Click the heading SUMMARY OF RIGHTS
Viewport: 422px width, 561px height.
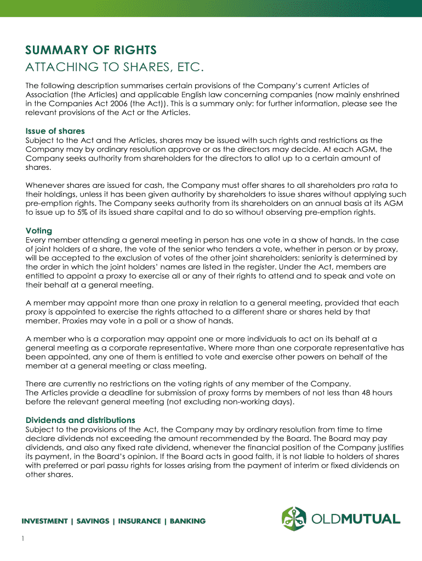(91, 50)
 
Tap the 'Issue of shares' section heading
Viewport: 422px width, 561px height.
(55, 131)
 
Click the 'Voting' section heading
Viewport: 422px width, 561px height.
(39, 231)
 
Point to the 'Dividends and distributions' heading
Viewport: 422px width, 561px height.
(81, 420)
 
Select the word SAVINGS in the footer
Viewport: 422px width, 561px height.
(92, 521)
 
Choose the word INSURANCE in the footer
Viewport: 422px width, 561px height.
(138, 521)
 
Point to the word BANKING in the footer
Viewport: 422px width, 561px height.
(187, 521)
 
